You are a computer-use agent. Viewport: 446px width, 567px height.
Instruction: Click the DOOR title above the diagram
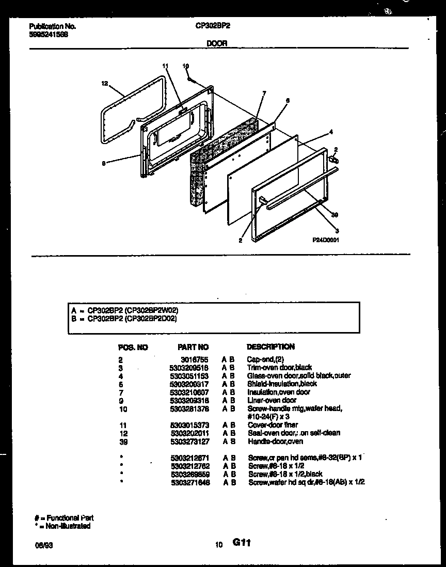(217, 44)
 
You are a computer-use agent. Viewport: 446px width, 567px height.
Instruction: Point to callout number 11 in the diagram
(165, 66)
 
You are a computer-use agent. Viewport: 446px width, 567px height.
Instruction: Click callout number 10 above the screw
(186, 66)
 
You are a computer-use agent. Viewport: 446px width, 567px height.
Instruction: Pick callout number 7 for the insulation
(264, 93)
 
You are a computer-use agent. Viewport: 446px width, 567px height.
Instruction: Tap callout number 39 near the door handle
(334, 215)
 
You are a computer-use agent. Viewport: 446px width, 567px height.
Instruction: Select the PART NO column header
(193, 347)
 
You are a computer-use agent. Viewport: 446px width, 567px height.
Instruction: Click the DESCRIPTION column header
(271, 346)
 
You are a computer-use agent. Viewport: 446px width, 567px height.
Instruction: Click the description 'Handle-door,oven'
(275, 442)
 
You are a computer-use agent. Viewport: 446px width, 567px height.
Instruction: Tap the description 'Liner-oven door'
(272, 400)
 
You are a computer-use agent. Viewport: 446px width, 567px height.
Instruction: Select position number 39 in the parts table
(122, 442)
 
